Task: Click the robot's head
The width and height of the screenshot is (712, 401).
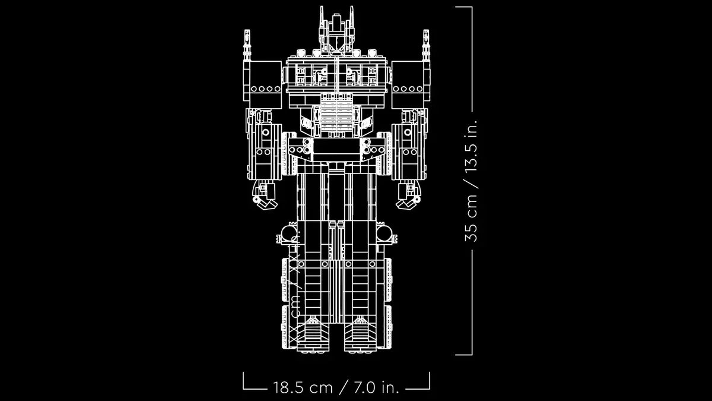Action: (336, 32)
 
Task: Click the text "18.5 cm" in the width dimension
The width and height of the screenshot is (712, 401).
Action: (303, 388)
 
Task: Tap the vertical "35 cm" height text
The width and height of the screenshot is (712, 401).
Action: (472, 217)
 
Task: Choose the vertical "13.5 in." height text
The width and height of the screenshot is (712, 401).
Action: (472, 149)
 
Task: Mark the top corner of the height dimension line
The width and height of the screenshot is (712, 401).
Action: (472, 7)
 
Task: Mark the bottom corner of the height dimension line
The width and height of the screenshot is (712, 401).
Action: (472, 355)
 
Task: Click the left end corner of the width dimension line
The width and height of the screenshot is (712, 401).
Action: (244, 389)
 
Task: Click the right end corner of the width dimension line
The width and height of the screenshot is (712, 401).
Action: (429, 389)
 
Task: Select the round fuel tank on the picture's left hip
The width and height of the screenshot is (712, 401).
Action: (288, 233)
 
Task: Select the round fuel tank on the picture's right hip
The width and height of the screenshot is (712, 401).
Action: (384, 233)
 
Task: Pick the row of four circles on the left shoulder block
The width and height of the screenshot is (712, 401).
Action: (265, 89)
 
